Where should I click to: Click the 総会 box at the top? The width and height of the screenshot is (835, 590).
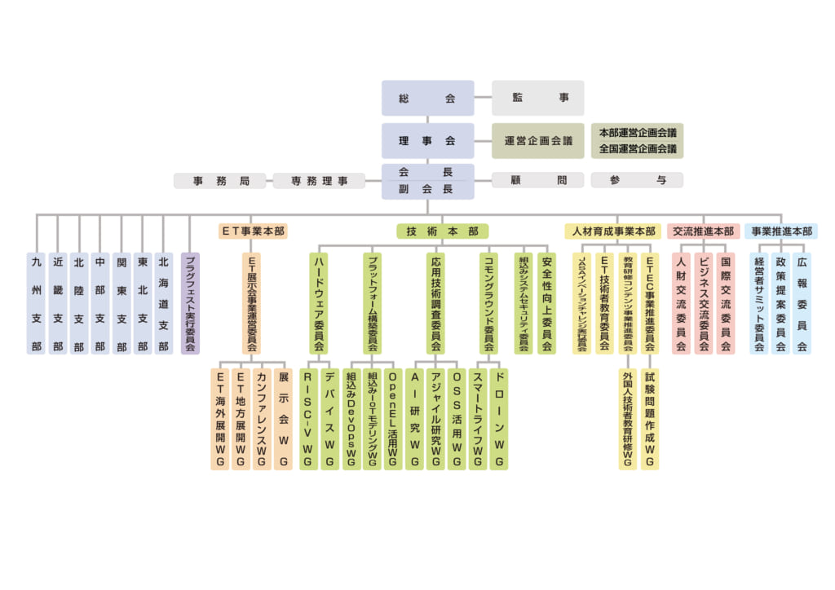(427, 98)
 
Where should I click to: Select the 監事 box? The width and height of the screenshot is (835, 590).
(526, 98)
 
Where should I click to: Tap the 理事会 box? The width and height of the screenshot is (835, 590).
(427, 140)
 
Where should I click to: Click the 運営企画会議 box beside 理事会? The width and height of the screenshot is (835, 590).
(538, 140)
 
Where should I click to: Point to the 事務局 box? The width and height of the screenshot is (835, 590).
(221, 181)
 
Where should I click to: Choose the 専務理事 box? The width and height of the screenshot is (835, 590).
(320, 181)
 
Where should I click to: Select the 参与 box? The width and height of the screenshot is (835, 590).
(637, 181)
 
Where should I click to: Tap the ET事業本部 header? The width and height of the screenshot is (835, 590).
(253, 231)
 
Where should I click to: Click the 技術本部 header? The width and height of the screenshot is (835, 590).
(443, 231)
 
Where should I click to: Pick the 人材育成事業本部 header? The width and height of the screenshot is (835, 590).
(613, 231)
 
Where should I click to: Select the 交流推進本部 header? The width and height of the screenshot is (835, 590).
(703, 231)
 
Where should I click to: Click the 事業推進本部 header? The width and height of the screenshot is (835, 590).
(781, 231)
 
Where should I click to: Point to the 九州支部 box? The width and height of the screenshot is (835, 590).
(36, 303)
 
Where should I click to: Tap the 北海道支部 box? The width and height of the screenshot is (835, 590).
(163, 303)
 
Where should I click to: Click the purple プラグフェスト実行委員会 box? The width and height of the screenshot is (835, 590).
(190, 303)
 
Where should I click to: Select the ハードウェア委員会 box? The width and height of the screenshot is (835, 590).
(319, 303)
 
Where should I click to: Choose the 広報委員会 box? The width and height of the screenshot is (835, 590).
(802, 303)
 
